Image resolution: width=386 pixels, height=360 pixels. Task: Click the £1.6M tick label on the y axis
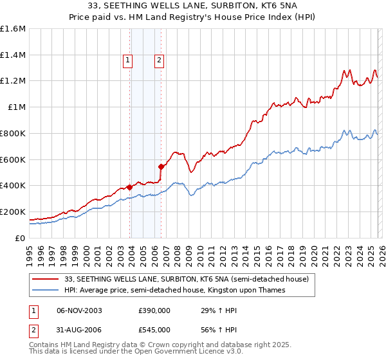[x=13, y=29]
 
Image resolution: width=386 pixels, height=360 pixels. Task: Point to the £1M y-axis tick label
[x=17, y=107]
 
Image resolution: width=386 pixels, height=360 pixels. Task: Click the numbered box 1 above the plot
[x=128, y=61]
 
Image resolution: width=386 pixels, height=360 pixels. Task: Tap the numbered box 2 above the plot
[x=158, y=61]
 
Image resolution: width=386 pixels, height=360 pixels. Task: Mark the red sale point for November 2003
[x=130, y=187]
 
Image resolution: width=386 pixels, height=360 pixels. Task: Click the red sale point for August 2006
[x=161, y=166]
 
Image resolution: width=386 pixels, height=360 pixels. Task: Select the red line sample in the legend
[x=46, y=279]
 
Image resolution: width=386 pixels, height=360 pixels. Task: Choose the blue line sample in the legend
[x=46, y=291]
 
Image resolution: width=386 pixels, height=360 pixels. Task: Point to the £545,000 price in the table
[x=154, y=329]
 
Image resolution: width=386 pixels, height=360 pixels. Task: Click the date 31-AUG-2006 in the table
[x=80, y=329]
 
